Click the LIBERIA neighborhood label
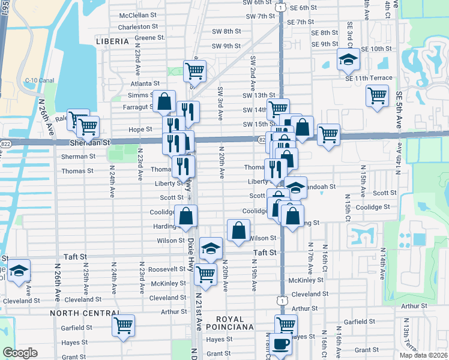pos(112,41)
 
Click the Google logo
pos(20,353)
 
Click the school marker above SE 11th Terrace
pos(348,59)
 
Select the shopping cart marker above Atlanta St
pos(194,71)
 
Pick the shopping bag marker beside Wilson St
pos(239,230)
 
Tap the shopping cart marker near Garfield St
pos(124,325)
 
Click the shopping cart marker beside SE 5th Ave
pos(377,95)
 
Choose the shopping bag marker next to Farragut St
pos(164,101)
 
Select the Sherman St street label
pos(79,156)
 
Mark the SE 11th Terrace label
pos(369,78)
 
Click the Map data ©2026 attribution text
pos(423,355)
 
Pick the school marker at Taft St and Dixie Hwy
pos(211,248)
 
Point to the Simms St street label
pos(140,95)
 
